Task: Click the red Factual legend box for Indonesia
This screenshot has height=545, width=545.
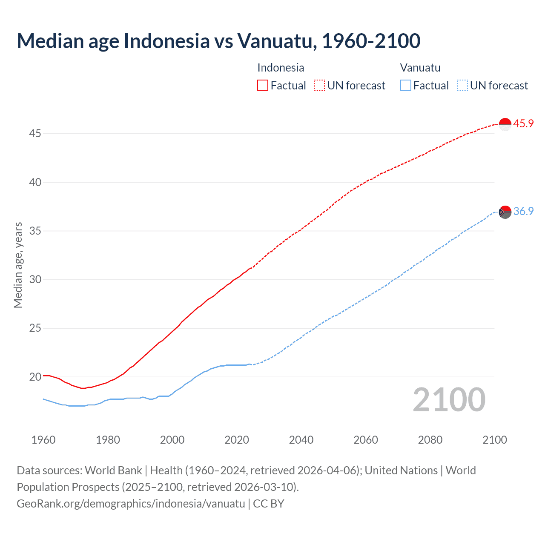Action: (x=263, y=86)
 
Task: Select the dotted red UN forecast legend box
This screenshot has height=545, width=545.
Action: (x=319, y=86)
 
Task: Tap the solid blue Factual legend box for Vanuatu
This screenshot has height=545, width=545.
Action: (x=406, y=86)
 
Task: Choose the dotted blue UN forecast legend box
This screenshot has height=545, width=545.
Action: (x=462, y=86)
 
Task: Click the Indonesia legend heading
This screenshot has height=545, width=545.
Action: (x=281, y=68)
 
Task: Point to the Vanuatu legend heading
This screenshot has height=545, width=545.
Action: (x=420, y=68)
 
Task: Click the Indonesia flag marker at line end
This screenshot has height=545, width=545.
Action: (x=505, y=124)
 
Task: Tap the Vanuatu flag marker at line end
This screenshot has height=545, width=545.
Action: (x=505, y=212)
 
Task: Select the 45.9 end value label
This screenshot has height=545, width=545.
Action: (x=523, y=124)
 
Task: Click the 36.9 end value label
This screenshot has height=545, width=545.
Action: (x=523, y=211)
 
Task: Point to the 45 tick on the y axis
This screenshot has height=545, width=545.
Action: (x=35, y=134)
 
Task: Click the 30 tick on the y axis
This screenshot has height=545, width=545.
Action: (x=35, y=280)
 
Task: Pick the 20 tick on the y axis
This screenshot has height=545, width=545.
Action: (x=35, y=377)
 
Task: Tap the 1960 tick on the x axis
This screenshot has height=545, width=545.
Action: (x=43, y=440)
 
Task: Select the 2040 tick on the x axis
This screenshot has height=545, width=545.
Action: (x=301, y=440)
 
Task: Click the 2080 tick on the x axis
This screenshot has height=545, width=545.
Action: (x=430, y=440)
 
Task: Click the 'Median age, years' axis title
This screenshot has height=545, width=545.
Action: (x=18, y=265)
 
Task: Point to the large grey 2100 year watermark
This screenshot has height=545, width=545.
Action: (x=449, y=400)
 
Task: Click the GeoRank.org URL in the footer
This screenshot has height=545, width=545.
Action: (x=131, y=504)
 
